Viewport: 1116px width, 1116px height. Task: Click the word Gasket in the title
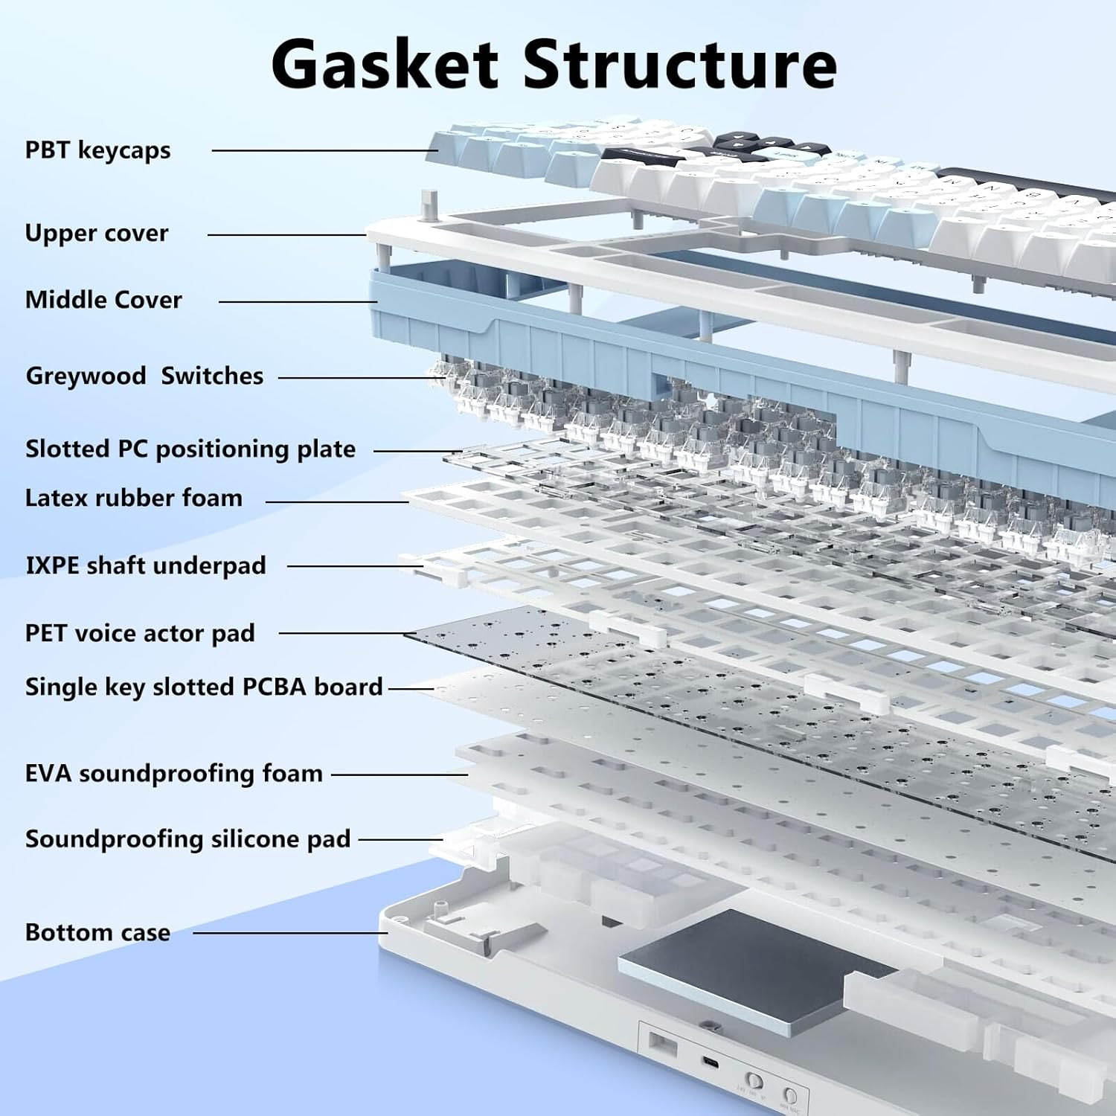click(x=385, y=65)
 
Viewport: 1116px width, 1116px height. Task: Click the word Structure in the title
click(x=680, y=65)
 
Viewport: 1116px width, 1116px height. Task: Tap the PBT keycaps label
click(x=97, y=150)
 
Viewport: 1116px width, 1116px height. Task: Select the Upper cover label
click(x=97, y=234)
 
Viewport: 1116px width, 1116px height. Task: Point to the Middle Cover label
click(x=103, y=300)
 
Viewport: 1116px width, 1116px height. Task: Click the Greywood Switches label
click(x=144, y=376)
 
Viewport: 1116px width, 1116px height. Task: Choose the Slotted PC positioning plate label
click(x=190, y=449)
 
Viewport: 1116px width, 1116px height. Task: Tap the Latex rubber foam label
click(x=134, y=498)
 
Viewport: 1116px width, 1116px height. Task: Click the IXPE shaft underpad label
click(x=146, y=565)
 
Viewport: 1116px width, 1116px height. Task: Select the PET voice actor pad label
click(x=140, y=633)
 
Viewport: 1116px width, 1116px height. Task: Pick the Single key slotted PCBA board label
click(x=204, y=687)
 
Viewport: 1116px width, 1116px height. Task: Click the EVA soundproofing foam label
click(x=174, y=774)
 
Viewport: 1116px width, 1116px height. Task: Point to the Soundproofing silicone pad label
click(x=187, y=839)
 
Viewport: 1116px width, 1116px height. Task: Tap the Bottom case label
click(x=97, y=933)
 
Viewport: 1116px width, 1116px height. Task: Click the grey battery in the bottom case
click(x=755, y=967)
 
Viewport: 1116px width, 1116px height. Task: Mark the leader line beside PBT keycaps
click(x=320, y=150)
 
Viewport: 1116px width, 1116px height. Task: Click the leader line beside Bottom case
click(x=290, y=933)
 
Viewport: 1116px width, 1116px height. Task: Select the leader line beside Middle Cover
click(x=298, y=301)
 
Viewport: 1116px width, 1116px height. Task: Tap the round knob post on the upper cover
click(x=429, y=204)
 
